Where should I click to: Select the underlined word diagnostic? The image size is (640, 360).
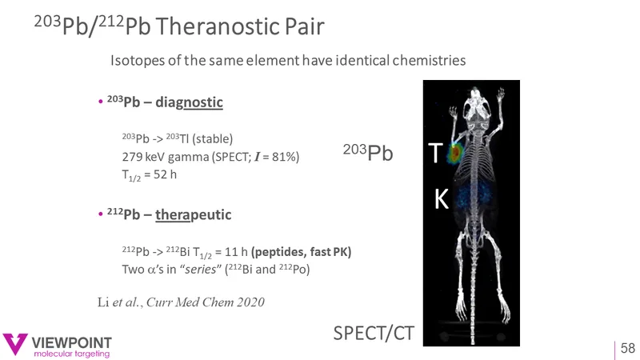point(189,102)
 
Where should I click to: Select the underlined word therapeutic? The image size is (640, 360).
point(193,214)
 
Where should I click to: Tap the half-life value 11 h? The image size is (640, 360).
point(236,251)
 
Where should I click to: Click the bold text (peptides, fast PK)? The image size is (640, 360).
point(302,252)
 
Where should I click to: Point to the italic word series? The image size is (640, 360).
point(201,270)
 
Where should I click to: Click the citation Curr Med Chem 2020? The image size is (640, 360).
point(206,302)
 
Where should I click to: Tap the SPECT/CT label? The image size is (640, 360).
point(374,333)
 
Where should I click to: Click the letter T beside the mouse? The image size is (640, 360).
point(435,153)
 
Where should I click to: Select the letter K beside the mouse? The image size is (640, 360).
point(442,199)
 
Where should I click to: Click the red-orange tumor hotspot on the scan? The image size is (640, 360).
point(454,152)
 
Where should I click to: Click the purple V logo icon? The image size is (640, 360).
point(14,343)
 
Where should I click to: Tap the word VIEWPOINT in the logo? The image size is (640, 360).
point(72,342)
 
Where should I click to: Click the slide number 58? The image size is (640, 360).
point(628,348)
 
